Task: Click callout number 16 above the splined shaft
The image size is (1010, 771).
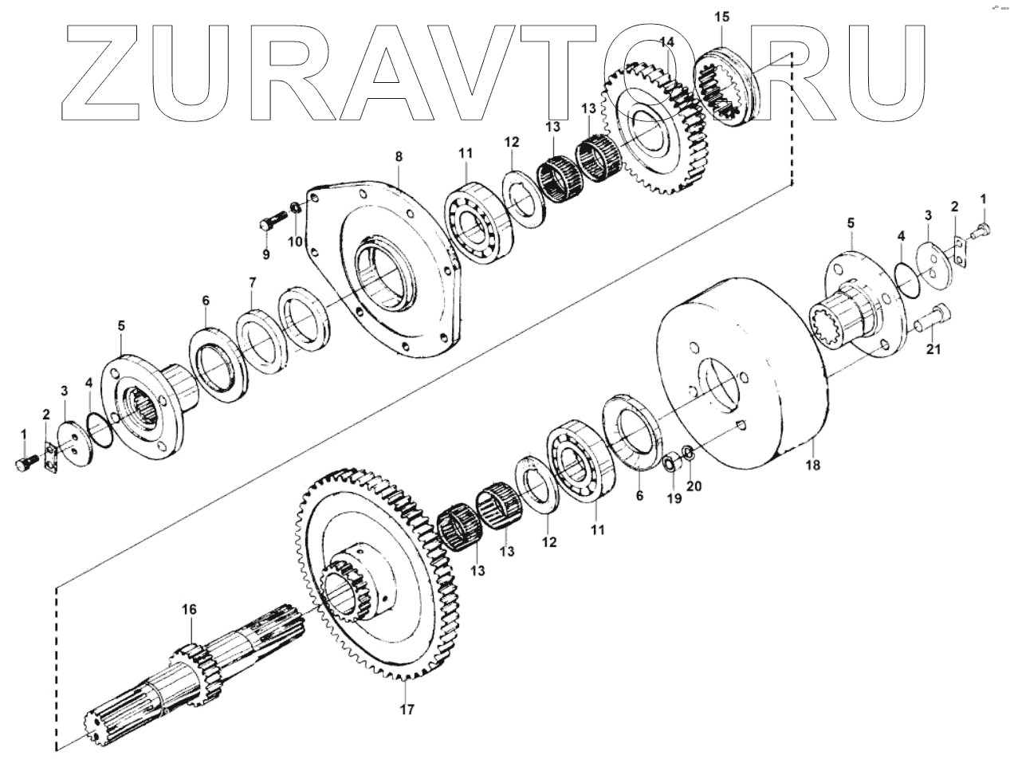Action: pos(188,610)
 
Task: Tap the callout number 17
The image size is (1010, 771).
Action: pos(407,709)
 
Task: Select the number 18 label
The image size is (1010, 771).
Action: pos(812,463)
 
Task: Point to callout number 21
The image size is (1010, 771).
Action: pos(933,348)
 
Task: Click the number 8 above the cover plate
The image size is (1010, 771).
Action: pos(399,157)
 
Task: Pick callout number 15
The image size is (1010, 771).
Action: pos(721,16)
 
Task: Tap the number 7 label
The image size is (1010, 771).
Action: pos(252,282)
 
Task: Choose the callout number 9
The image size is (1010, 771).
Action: pos(266,254)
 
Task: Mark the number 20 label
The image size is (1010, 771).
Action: pos(694,486)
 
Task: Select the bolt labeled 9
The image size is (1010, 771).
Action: pos(272,218)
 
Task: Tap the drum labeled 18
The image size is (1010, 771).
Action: pos(741,375)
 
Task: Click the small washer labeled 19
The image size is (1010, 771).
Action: pos(672,463)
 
